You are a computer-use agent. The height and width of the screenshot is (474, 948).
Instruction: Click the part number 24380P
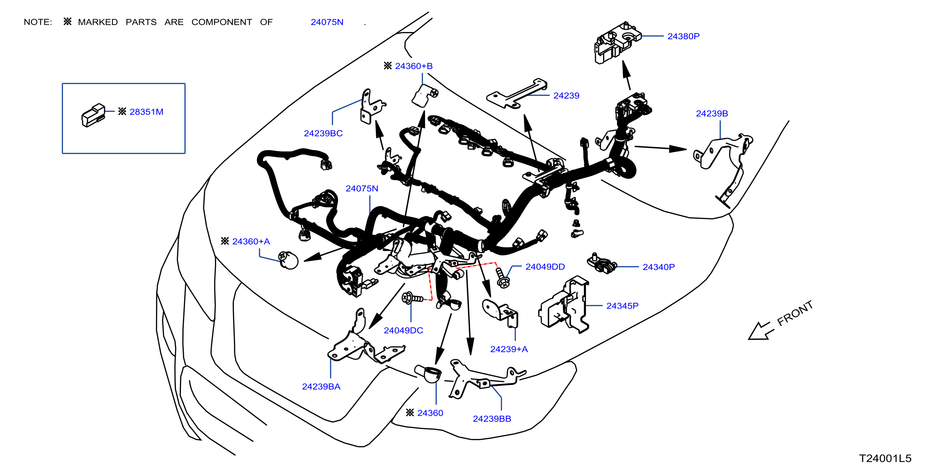(683, 36)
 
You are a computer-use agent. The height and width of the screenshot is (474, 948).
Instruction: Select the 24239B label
(712, 113)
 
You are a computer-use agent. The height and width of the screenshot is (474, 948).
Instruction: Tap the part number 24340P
(658, 267)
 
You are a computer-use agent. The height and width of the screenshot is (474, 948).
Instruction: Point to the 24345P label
(622, 306)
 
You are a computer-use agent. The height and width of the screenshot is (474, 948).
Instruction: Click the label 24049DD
(545, 267)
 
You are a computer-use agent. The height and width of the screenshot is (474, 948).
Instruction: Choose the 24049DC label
(403, 330)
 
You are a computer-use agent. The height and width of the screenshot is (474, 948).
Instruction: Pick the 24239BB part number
(492, 419)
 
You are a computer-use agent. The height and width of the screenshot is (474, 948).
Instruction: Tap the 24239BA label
(321, 386)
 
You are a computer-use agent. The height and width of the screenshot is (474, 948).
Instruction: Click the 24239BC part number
(323, 133)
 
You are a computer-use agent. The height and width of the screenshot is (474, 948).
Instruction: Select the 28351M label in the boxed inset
(146, 111)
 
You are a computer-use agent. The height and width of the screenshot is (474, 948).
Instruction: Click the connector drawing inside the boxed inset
(93, 115)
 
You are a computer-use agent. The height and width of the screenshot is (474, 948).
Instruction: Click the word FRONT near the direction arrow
(795, 313)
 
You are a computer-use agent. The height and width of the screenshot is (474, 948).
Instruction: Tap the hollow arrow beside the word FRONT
(761, 331)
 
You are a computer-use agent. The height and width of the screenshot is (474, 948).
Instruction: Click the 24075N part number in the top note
(327, 22)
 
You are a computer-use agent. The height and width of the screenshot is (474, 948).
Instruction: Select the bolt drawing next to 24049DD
(502, 277)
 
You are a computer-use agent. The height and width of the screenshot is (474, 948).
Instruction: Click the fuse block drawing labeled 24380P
(617, 42)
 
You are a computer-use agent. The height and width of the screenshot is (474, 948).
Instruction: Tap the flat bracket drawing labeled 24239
(517, 94)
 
